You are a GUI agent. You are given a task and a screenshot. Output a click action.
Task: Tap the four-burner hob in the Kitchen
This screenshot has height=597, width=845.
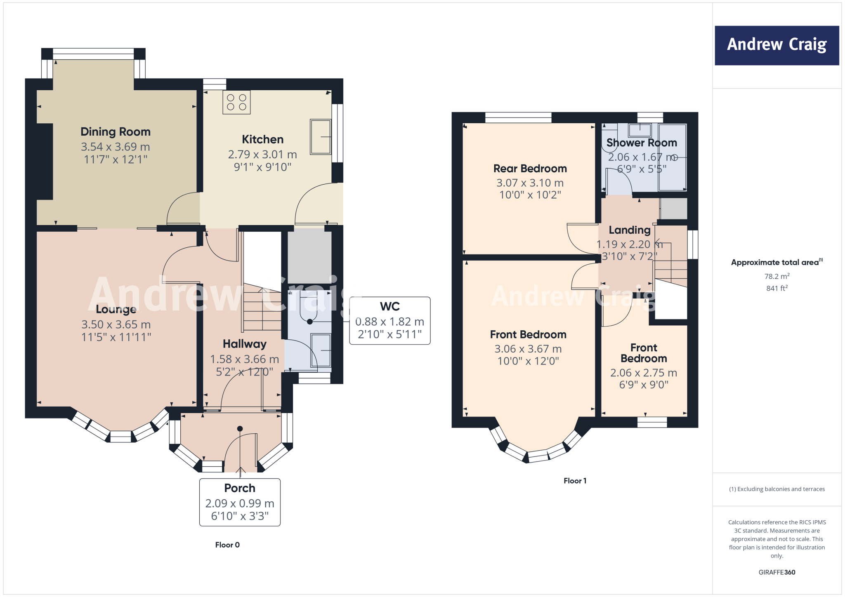pyautogui.click(x=236, y=102)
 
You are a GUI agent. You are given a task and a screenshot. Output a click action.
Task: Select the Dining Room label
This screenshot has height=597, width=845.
pyautogui.click(x=116, y=132)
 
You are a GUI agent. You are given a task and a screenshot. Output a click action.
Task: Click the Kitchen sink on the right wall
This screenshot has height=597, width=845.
pyautogui.click(x=321, y=137)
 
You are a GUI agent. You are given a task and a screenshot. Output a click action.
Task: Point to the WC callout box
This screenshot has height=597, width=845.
pyautogui.click(x=389, y=320)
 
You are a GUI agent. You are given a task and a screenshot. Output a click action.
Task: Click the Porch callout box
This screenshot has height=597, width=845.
pyautogui.click(x=240, y=502)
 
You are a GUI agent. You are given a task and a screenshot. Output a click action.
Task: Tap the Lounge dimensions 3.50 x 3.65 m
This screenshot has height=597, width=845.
pyautogui.click(x=116, y=324)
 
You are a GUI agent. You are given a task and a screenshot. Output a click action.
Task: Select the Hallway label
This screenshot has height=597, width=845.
pyautogui.click(x=245, y=344)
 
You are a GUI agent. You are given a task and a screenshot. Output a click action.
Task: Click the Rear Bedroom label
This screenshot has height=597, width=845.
pyautogui.click(x=530, y=169)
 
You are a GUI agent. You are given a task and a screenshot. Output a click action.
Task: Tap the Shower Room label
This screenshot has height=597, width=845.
pyautogui.click(x=642, y=143)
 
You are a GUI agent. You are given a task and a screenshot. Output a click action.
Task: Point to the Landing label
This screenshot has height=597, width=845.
pyautogui.click(x=630, y=230)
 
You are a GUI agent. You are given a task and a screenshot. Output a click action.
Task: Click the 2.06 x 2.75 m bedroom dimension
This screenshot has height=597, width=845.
pyautogui.click(x=644, y=373)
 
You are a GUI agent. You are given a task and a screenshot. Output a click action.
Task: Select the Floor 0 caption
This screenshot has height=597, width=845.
pyautogui.click(x=227, y=545)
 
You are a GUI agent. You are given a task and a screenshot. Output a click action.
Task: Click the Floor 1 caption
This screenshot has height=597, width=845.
pyautogui.click(x=575, y=481)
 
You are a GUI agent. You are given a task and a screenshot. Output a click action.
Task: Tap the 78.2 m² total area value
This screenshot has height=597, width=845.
pyautogui.click(x=777, y=276)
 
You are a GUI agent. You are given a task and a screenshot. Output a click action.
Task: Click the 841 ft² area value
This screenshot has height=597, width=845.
pyautogui.click(x=777, y=288)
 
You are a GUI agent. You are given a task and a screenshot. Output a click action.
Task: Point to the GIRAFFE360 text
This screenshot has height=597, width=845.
pyautogui.click(x=777, y=572)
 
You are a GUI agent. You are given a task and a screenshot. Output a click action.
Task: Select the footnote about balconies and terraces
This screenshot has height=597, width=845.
pyautogui.click(x=777, y=489)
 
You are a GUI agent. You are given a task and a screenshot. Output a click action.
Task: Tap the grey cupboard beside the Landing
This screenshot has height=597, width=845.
pyautogui.click(x=673, y=209)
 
